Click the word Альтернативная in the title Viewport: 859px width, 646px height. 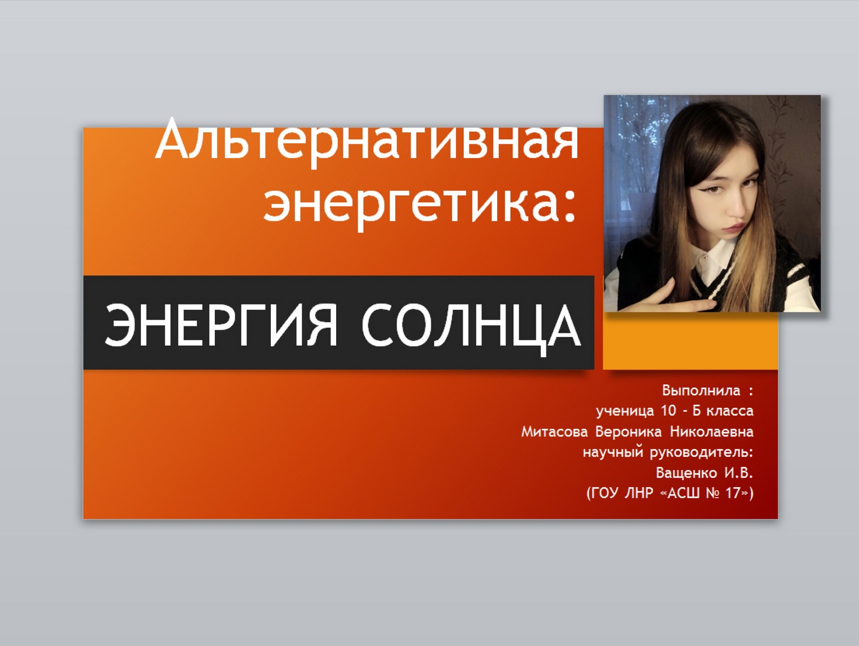point(367,141)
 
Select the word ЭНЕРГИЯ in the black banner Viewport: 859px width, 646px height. point(220,326)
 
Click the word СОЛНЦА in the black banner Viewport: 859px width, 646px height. point(471,328)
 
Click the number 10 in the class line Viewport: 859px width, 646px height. point(668,411)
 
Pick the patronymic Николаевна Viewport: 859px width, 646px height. point(712,432)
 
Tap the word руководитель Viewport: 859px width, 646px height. point(700,452)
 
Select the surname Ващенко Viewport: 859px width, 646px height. point(687,473)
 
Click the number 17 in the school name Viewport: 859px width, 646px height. point(732,493)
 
